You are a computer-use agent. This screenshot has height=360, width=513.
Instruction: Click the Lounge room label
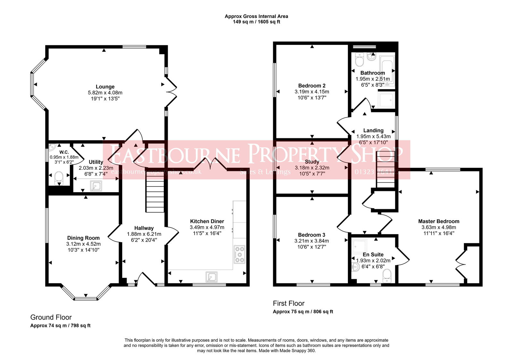[x=105, y=87]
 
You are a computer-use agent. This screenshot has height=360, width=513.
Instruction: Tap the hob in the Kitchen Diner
[x=240, y=254]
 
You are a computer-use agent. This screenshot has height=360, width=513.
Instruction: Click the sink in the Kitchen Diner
[x=212, y=277]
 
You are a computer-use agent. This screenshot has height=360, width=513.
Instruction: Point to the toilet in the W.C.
[x=59, y=178]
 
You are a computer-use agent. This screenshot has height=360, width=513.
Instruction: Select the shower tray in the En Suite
[x=359, y=246]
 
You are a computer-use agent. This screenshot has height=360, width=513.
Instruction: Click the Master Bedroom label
[x=438, y=221]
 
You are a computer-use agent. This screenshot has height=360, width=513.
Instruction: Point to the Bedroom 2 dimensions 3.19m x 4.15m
[x=312, y=91]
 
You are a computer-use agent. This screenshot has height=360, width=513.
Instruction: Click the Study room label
[x=312, y=162]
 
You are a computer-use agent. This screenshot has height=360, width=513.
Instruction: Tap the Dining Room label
[x=83, y=238]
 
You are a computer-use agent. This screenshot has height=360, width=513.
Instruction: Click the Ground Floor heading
[x=51, y=317]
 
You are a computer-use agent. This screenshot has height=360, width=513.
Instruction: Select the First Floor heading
[x=289, y=303]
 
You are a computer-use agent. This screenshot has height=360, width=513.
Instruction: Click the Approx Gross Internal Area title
[x=256, y=16]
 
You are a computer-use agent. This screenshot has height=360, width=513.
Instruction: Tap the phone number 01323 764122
[x=377, y=172]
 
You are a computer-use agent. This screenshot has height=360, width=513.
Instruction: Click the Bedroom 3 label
[x=311, y=235]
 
